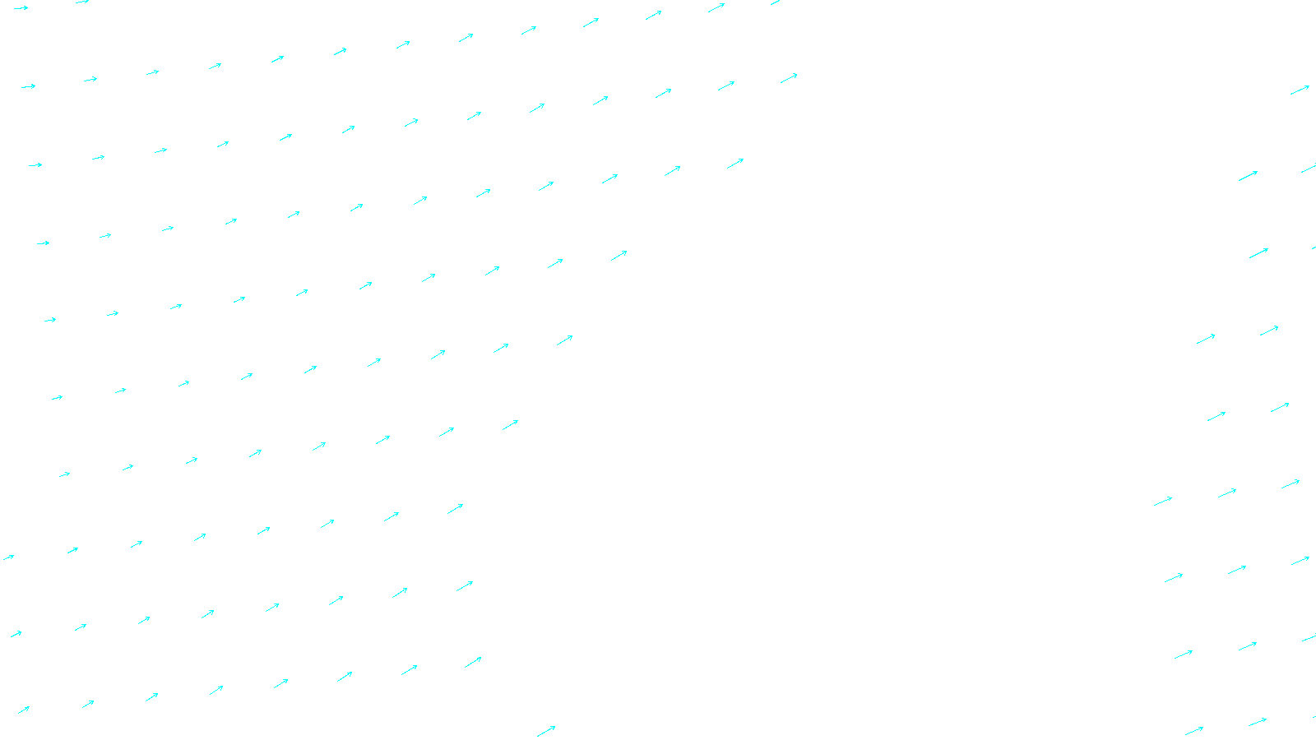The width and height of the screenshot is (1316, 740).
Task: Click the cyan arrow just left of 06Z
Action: coord(546,731)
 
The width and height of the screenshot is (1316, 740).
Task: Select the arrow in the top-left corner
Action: coord(21,8)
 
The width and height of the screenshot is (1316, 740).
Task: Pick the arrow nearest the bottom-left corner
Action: coord(23,710)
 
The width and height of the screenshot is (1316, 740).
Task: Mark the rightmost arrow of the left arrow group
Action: coord(789,78)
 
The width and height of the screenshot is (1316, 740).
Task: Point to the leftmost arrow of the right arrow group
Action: coord(1163,501)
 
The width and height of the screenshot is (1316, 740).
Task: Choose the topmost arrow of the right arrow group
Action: coord(1300,90)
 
